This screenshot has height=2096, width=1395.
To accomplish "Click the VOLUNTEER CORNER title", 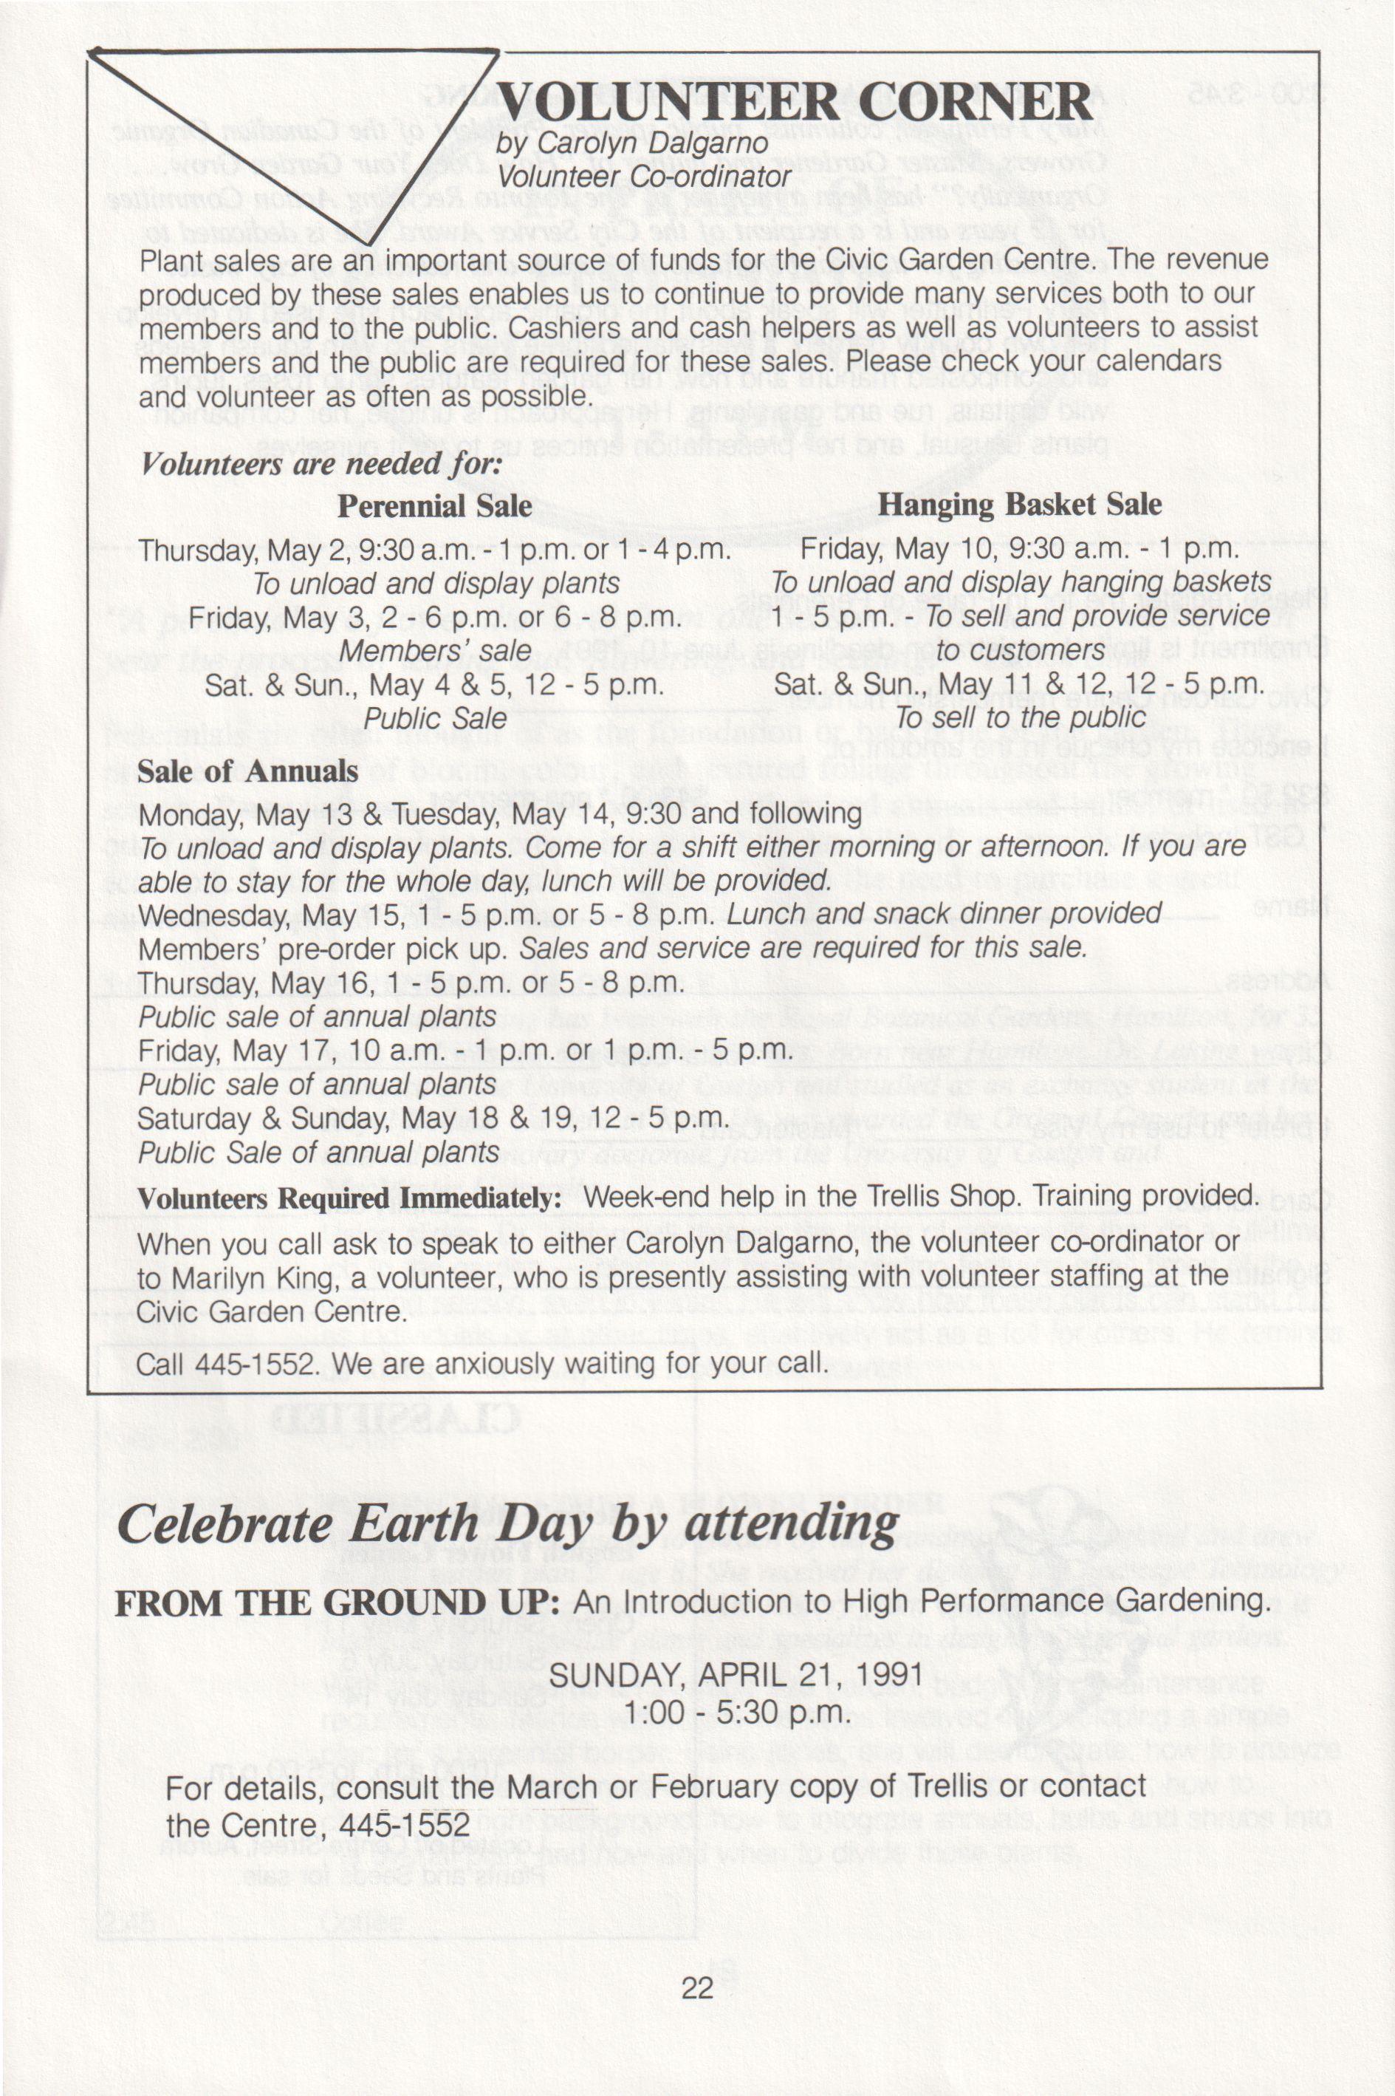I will coord(792,103).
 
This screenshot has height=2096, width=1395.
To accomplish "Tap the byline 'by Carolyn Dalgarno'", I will coord(631,143).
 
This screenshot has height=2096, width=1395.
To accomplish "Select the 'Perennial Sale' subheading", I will coord(434,506).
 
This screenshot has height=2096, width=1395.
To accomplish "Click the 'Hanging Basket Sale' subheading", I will coord(1020,505).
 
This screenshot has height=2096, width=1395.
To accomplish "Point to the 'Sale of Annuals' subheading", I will coord(247,771).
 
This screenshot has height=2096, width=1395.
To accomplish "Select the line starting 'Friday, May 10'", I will coord(1018,549).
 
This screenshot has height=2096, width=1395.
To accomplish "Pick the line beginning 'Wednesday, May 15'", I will coord(649,915).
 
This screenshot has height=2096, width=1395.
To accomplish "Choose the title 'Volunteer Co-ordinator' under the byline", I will coord(644,177).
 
